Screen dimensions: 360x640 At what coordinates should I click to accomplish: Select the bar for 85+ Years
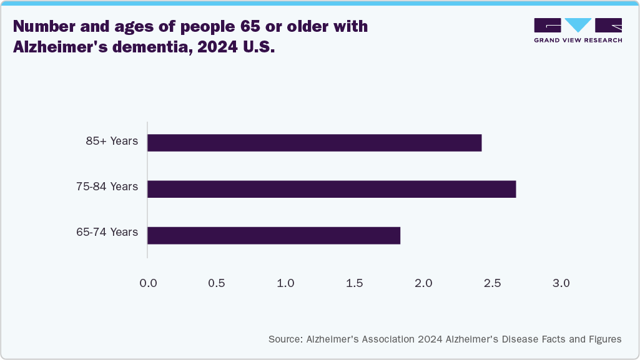click(314, 143)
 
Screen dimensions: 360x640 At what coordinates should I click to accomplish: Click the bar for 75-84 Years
click(332, 189)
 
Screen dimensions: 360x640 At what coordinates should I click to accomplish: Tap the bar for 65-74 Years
click(273, 235)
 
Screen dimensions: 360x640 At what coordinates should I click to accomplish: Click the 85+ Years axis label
click(112, 141)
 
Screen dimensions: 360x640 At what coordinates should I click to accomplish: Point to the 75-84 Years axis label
click(107, 187)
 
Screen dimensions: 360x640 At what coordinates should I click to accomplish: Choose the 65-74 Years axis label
click(107, 232)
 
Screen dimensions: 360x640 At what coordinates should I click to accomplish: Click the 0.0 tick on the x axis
click(148, 283)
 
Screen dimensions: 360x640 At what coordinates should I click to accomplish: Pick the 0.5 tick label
click(217, 283)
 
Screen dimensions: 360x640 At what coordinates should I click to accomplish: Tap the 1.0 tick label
click(285, 283)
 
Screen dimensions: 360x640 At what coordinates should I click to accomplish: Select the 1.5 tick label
click(355, 283)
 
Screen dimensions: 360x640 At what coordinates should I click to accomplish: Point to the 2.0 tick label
click(423, 283)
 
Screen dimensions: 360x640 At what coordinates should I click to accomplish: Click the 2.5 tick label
click(493, 283)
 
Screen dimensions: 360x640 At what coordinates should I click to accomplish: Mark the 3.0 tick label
click(561, 283)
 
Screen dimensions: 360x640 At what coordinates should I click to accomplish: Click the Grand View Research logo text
click(578, 41)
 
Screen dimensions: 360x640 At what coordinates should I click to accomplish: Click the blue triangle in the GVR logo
click(578, 25)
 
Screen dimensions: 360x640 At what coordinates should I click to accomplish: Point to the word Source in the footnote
click(285, 339)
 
